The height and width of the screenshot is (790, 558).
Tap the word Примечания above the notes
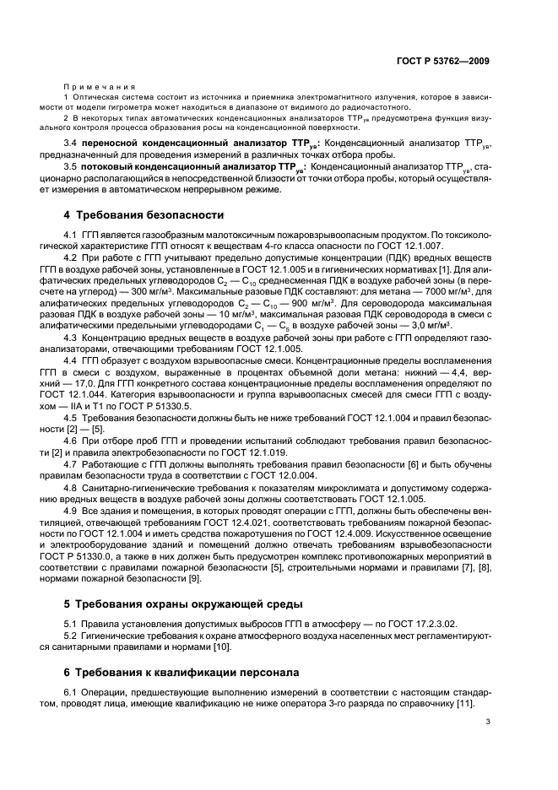pos(91,87)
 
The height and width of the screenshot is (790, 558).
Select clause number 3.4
pos(73,143)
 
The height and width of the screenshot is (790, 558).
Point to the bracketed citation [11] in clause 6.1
pos(465,705)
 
